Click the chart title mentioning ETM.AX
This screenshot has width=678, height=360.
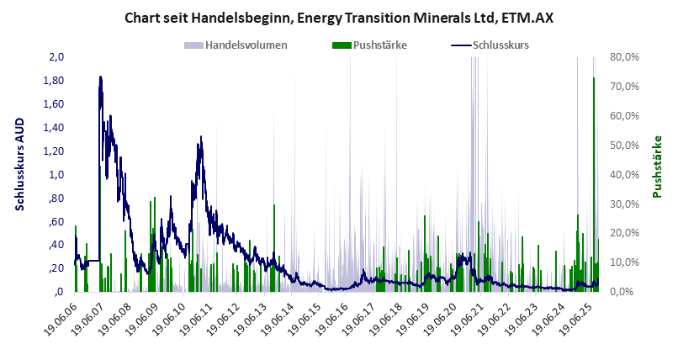click(339, 17)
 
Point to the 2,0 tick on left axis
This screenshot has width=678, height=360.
click(56, 57)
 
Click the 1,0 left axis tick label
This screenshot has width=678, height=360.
click(56, 175)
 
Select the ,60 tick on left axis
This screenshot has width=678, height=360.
click(56, 222)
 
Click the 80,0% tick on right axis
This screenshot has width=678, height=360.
click(628, 57)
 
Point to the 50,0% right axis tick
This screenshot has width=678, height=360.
click(628, 146)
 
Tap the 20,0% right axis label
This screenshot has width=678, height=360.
click(628, 233)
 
